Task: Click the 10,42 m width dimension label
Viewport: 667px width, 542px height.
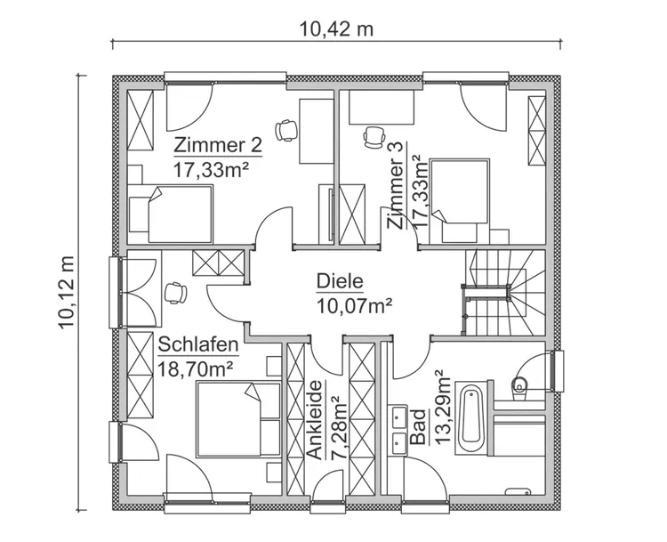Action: [x=336, y=28]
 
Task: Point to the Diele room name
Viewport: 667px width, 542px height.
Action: [x=340, y=282]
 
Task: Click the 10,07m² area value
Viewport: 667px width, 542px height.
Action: [x=354, y=306]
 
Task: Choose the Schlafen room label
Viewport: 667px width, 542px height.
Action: [x=198, y=344]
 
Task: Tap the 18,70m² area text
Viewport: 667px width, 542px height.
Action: [x=196, y=367]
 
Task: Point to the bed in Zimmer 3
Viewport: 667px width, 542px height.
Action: [x=463, y=191]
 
